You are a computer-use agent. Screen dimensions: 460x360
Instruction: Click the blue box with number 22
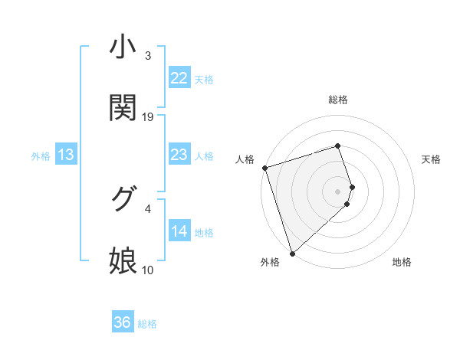tap(179, 78)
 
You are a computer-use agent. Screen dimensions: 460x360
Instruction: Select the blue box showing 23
tap(179, 155)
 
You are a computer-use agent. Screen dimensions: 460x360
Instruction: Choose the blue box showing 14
tap(179, 231)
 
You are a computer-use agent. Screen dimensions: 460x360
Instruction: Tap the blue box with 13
tap(66, 155)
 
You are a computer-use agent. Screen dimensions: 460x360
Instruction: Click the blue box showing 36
tap(123, 322)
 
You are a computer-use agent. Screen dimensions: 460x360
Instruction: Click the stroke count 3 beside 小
tap(148, 56)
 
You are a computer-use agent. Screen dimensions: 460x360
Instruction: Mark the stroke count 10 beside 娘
tap(148, 270)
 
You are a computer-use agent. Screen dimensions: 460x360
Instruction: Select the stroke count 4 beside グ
tap(148, 208)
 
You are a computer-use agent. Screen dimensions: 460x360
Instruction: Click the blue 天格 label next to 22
tap(204, 79)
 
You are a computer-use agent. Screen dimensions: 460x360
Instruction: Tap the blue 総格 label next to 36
tap(147, 324)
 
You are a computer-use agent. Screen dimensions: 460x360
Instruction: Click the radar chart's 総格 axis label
tap(338, 100)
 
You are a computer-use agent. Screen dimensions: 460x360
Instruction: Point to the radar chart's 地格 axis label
tap(402, 262)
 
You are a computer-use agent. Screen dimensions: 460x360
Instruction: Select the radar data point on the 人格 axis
tap(264, 168)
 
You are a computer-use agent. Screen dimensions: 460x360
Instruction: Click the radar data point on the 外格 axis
tap(292, 253)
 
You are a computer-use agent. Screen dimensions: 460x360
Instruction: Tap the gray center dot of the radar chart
tap(338, 191)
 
